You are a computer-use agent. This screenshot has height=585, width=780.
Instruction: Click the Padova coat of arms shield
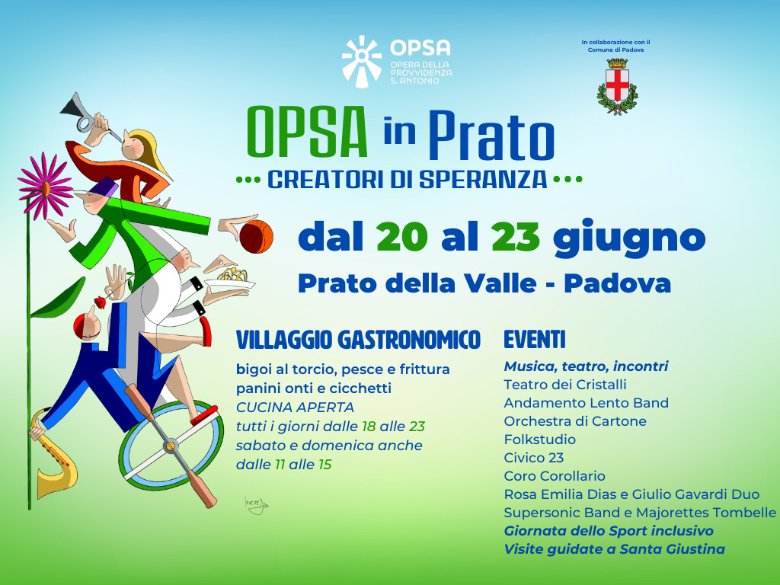(x=617, y=84)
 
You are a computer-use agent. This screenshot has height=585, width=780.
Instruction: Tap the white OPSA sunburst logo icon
(x=361, y=61)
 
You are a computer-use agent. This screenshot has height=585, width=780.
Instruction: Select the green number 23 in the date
(x=516, y=238)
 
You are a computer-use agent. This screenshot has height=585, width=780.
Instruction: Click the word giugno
(x=629, y=239)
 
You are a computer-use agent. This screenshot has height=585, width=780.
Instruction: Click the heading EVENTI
(x=535, y=340)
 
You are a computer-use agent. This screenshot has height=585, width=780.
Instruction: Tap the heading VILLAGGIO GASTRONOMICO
(x=358, y=340)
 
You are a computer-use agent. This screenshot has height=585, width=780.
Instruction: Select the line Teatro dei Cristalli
(x=565, y=385)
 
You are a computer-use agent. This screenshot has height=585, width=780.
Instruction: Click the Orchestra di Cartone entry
(x=575, y=421)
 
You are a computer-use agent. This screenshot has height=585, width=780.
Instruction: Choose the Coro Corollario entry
(x=555, y=476)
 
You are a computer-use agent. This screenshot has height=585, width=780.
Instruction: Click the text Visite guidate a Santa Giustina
(x=614, y=549)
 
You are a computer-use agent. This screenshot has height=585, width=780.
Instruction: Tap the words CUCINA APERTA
(x=295, y=408)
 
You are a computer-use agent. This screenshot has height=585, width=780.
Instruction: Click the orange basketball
(x=256, y=236)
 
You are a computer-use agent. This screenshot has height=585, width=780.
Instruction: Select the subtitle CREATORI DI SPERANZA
(x=408, y=181)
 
